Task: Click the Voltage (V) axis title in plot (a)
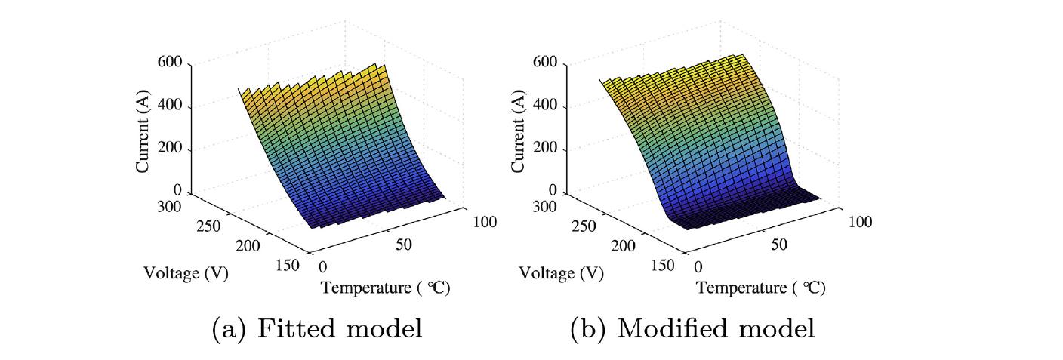tap(186, 272)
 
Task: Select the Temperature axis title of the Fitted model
tap(386, 288)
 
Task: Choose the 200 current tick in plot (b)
tap(546, 149)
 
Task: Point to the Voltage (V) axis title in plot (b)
tap(562, 272)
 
